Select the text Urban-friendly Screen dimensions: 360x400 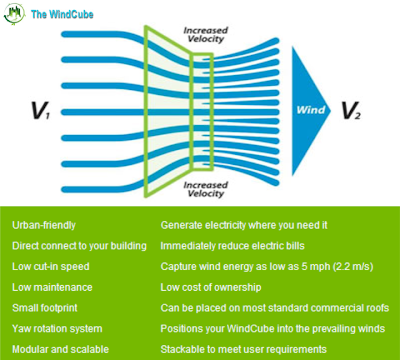click(44, 226)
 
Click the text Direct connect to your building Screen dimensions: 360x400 click(79, 246)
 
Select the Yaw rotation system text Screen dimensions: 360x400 click(59, 328)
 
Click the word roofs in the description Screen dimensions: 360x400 click(374, 308)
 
